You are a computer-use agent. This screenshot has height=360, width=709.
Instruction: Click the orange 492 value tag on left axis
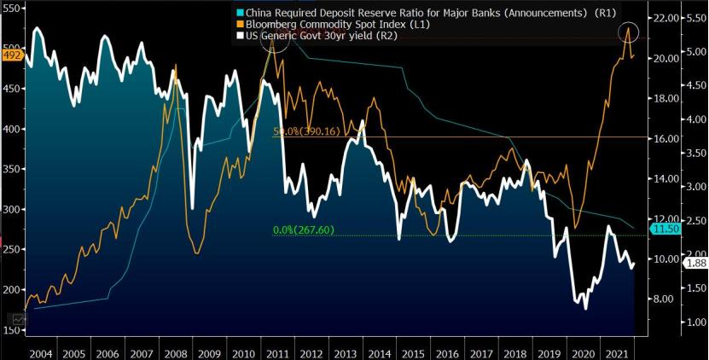click(x=11, y=56)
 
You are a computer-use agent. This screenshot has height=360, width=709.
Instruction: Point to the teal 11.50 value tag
click(x=664, y=229)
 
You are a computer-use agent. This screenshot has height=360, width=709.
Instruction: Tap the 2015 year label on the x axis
click(x=414, y=351)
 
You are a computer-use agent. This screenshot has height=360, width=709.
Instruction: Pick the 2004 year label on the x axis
click(x=40, y=351)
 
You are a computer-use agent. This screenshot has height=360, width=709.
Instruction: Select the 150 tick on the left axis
click(x=11, y=329)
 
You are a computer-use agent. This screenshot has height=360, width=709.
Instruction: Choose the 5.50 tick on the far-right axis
click(x=695, y=18)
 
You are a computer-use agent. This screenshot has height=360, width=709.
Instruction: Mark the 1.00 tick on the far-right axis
click(x=695, y=322)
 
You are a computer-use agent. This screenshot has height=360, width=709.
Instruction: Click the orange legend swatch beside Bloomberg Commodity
click(x=236, y=24)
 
